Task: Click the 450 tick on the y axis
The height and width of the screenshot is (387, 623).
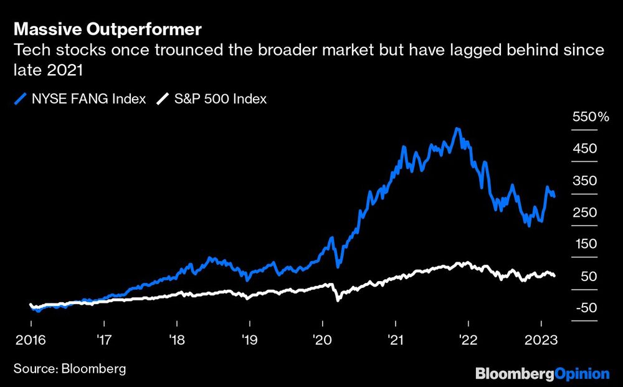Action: pyautogui.click(x=584, y=149)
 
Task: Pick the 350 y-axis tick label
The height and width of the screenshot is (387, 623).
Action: pyautogui.click(x=584, y=181)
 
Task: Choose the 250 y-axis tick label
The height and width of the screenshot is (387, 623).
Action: pyautogui.click(x=584, y=213)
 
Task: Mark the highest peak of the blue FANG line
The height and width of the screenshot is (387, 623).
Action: pyautogui.click(x=458, y=129)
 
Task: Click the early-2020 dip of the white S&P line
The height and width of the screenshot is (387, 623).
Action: pyautogui.click(x=337, y=300)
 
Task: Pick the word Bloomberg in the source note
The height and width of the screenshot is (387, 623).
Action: pyautogui.click(x=93, y=369)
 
